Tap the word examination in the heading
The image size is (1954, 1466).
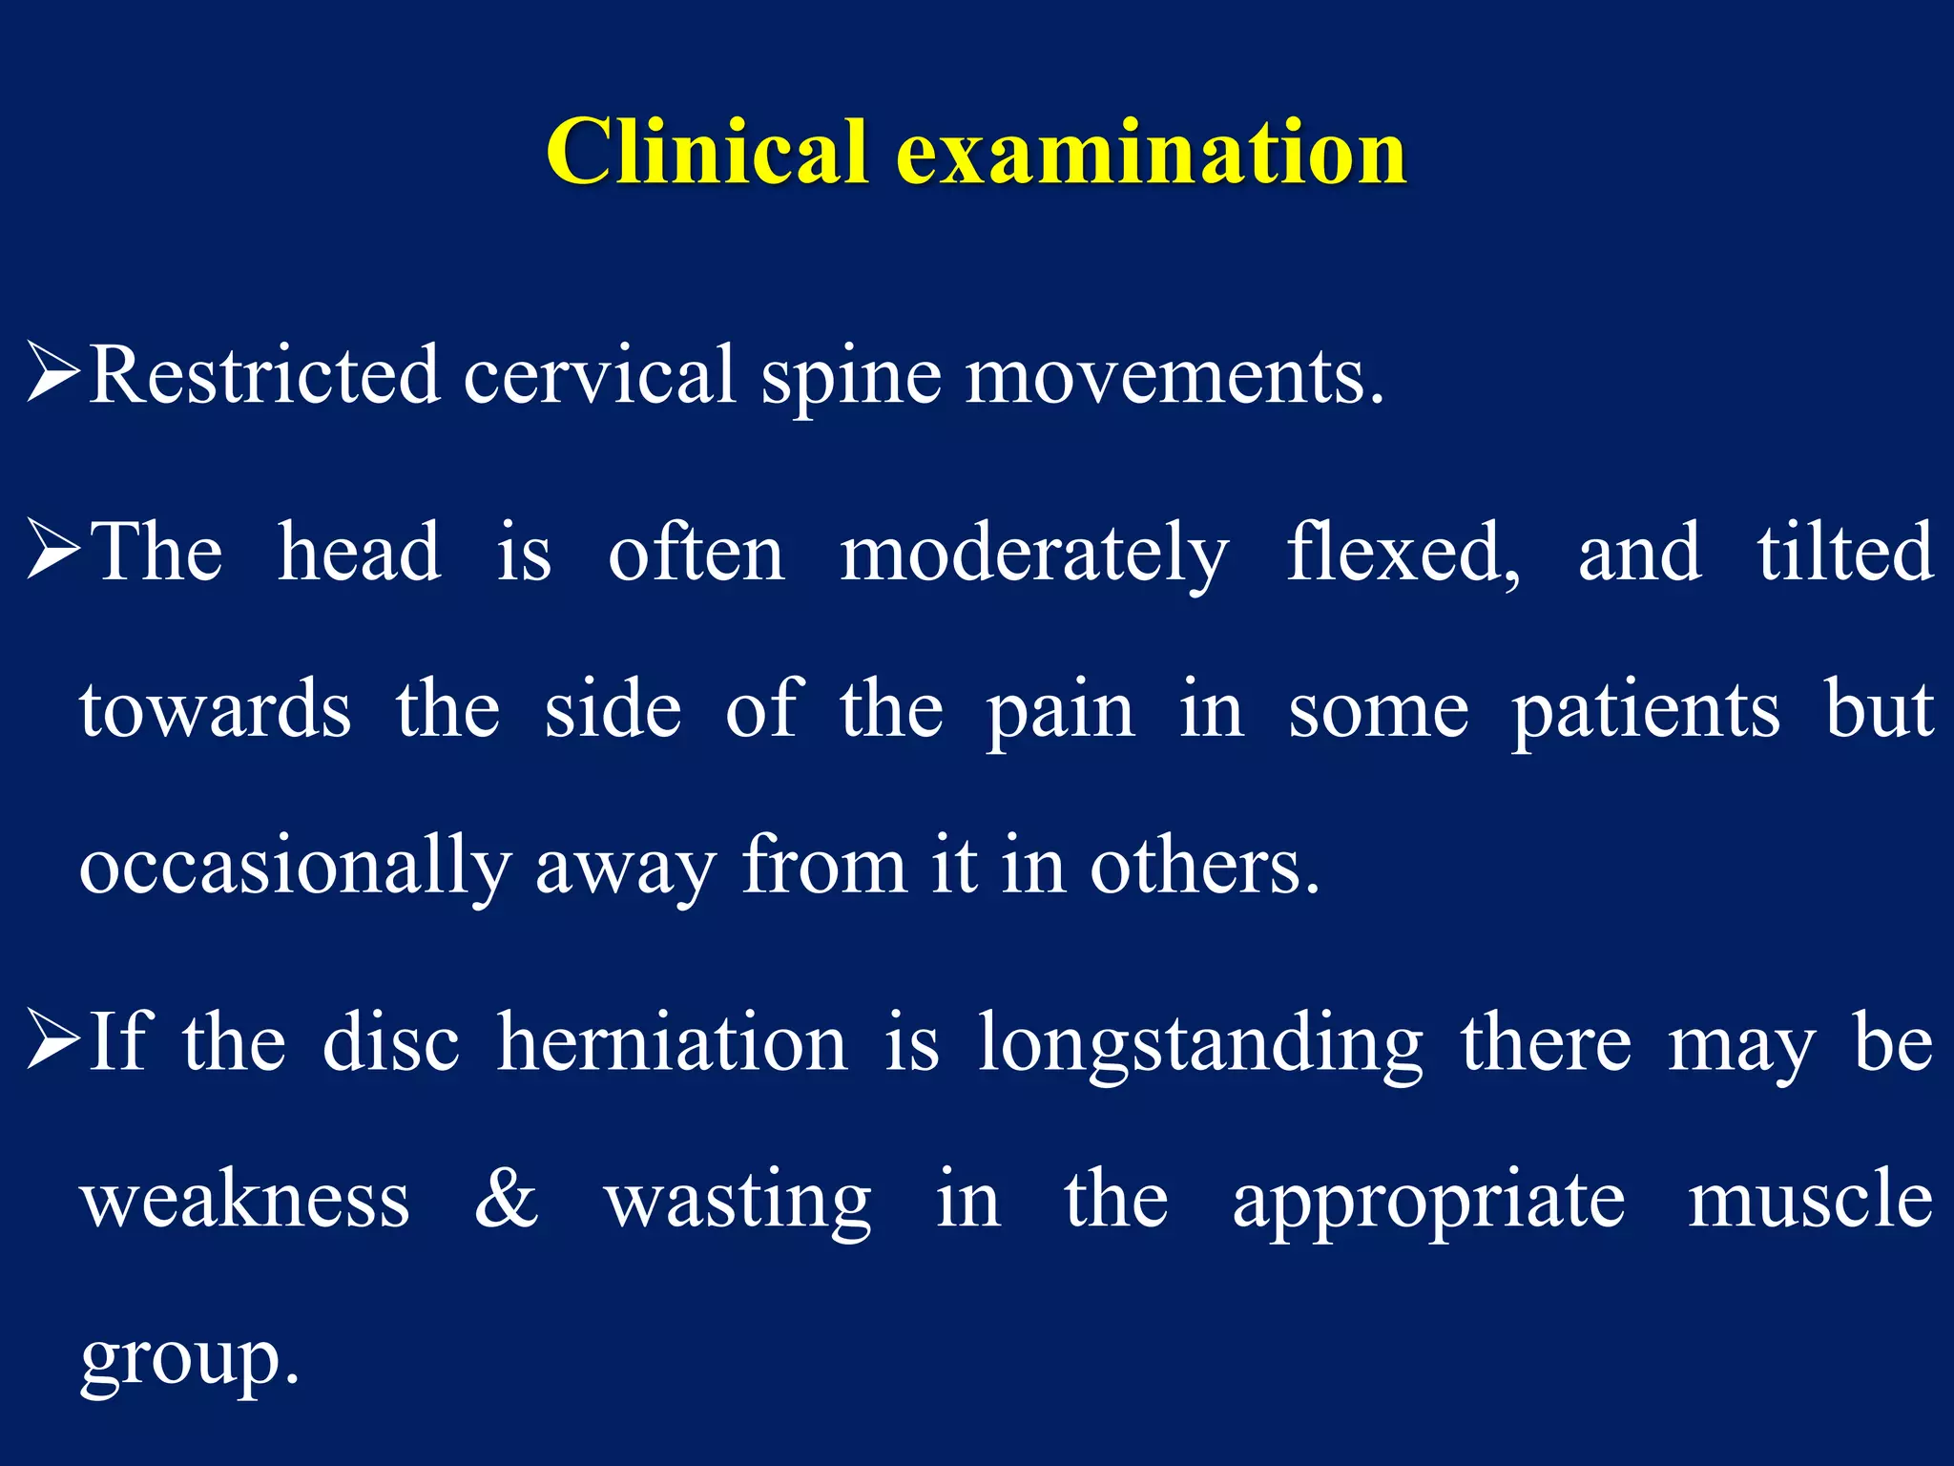[x=1152, y=153]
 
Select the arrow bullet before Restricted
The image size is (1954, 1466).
[x=52, y=373]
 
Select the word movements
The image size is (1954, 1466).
[x=1174, y=377]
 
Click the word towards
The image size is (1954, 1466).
[x=216, y=710]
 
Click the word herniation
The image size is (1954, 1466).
[x=672, y=1042]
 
